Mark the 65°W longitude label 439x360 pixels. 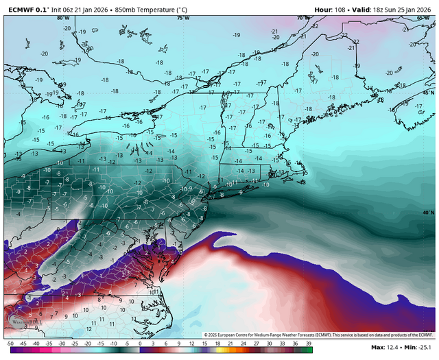point(423,19)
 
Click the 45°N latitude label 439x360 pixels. point(428,92)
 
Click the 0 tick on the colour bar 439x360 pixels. point(139,342)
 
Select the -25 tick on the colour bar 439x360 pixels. point(75,342)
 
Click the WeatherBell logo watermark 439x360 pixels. point(25,321)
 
